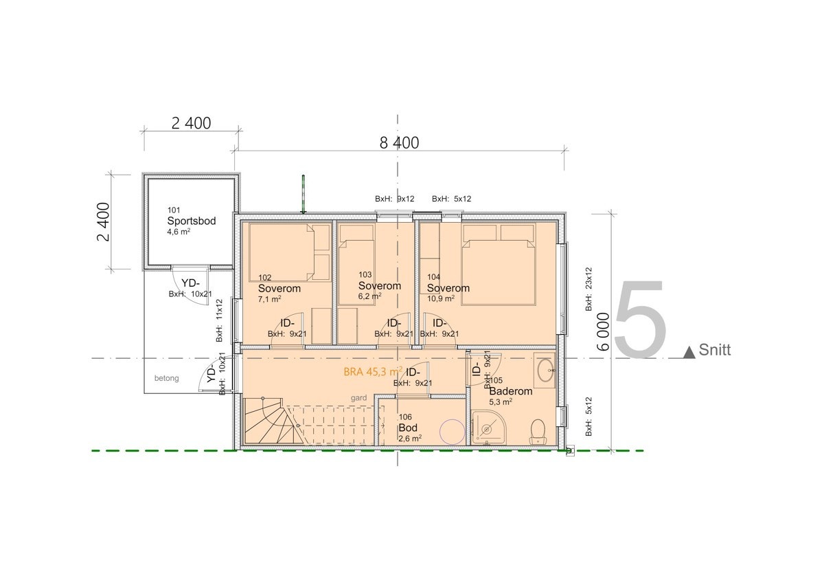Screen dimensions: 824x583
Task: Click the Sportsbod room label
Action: pyautogui.click(x=192, y=221)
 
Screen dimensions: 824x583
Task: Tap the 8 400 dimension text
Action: pyautogui.click(x=399, y=143)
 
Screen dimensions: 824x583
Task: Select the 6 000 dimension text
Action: pyautogui.click(x=604, y=331)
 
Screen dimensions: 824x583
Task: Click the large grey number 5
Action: pyautogui.click(x=641, y=319)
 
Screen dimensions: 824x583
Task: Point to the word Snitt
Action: pyautogui.click(x=714, y=350)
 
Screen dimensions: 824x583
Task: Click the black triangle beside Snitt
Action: pyautogui.click(x=689, y=353)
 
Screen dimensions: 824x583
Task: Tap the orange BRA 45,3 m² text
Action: pyautogui.click(x=373, y=372)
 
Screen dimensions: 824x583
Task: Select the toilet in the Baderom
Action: pyautogui.click(x=538, y=431)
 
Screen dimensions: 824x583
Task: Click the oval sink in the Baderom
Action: pyautogui.click(x=546, y=370)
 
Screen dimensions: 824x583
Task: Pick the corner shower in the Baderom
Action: pyautogui.click(x=488, y=428)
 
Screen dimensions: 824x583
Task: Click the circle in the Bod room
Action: pyautogui.click(x=453, y=432)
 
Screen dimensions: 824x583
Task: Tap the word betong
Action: pyautogui.click(x=167, y=378)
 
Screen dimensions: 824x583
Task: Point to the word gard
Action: pyautogui.click(x=358, y=398)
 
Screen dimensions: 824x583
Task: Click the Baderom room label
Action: pyautogui.click(x=511, y=391)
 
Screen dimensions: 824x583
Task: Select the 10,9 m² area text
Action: pyautogui.click(x=441, y=298)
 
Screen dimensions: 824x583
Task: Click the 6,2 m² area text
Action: pyautogui.click(x=369, y=296)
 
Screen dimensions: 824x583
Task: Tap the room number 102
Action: pyautogui.click(x=265, y=278)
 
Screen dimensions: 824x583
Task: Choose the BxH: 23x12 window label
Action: pyautogui.click(x=588, y=289)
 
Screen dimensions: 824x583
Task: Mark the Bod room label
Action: pyautogui.click(x=408, y=428)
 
